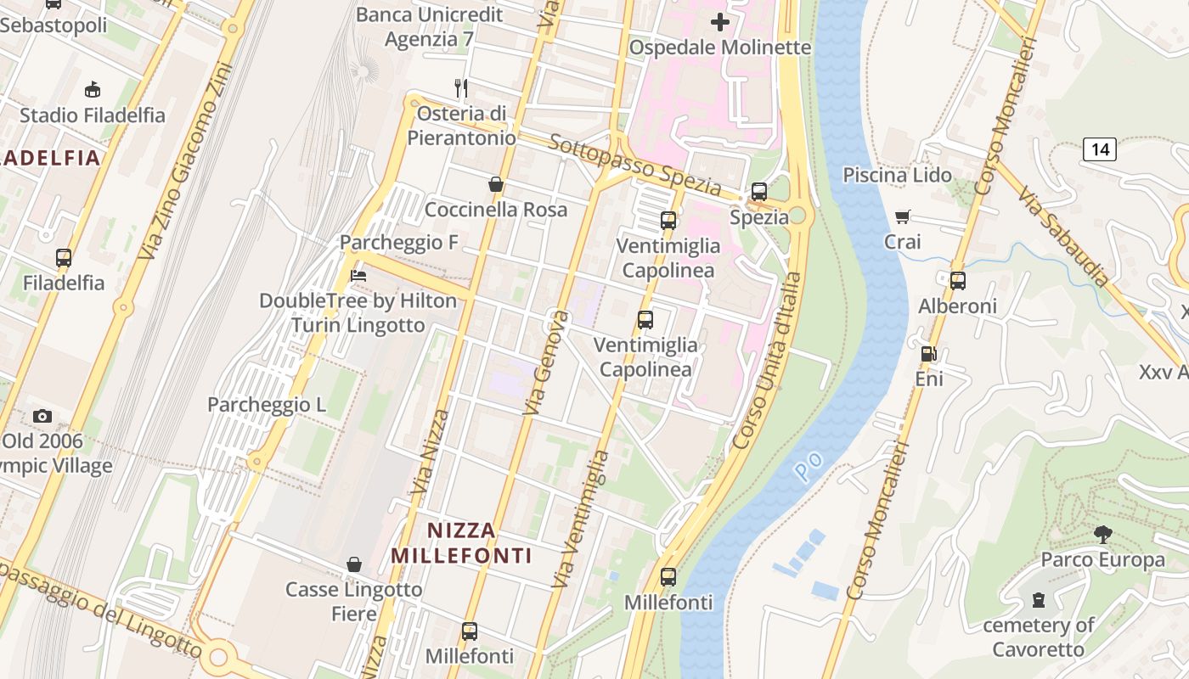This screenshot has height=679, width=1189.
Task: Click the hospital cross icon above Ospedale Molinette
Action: click(x=720, y=22)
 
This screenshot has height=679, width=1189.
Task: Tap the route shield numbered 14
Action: click(x=1099, y=149)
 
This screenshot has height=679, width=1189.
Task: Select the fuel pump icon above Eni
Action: click(x=928, y=354)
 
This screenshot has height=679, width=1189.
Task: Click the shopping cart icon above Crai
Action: click(x=902, y=217)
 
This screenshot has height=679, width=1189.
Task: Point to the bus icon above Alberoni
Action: click(x=958, y=281)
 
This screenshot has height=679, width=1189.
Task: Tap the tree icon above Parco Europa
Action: click(x=1102, y=535)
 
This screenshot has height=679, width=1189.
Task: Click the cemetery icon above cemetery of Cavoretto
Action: click(x=1038, y=601)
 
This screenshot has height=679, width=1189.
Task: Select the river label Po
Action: click(x=809, y=463)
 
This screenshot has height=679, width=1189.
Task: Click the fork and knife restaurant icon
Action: click(x=461, y=87)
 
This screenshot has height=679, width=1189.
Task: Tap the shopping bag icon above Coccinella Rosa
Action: click(x=496, y=184)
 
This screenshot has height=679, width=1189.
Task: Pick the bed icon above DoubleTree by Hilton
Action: click(x=358, y=276)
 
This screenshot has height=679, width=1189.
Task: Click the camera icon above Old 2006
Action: click(x=42, y=416)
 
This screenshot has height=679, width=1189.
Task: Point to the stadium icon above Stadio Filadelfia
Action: click(x=92, y=90)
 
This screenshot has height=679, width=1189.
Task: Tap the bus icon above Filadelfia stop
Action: click(x=64, y=258)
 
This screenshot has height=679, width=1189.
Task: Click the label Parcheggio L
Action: click(x=267, y=405)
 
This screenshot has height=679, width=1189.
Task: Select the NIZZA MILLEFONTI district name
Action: click(x=461, y=543)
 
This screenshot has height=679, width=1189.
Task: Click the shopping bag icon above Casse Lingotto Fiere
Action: click(x=354, y=564)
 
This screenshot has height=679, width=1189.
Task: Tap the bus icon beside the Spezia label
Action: click(x=759, y=192)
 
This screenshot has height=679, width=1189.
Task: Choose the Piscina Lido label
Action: click(x=894, y=175)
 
